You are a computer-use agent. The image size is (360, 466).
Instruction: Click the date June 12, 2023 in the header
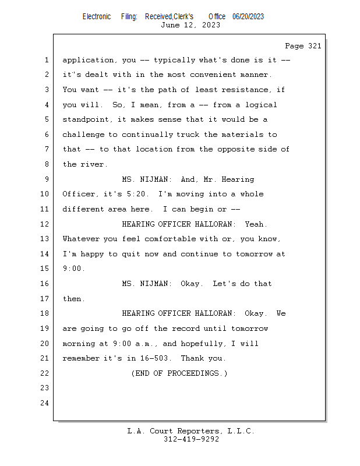click(x=190, y=25)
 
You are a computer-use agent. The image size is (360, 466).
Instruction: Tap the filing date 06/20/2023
click(x=248, y=16)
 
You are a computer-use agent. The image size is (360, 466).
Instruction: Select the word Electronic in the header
click(x=97, y=16)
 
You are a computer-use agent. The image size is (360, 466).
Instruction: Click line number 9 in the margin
click(x=46, y=179)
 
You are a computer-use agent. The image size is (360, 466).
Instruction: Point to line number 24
click(x=44, y=403)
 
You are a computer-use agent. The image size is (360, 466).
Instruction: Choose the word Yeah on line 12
click(x=256, y=224)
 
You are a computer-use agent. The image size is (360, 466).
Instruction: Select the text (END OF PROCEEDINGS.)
click(x=179, y=373)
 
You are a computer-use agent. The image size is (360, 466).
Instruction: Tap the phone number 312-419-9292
click(x=190, y=440)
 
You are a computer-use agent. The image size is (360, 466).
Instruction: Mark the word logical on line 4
click(x=260, y=105)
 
